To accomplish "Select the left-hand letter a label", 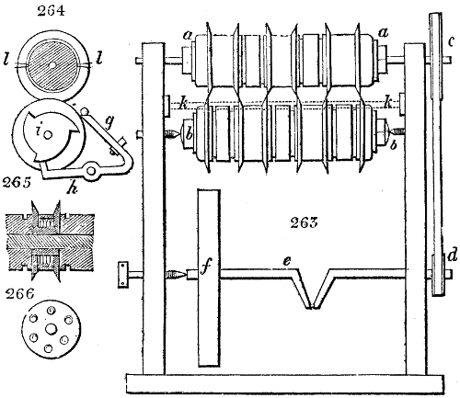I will coord(187,35).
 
